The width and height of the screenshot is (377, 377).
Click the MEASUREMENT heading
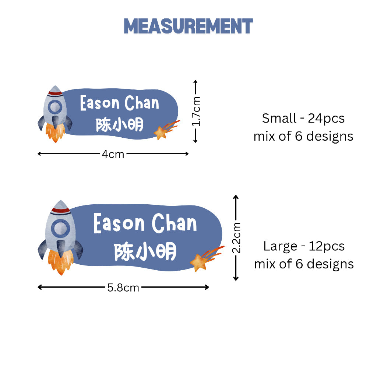point(188,26)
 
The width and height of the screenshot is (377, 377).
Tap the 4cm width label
point(113,154)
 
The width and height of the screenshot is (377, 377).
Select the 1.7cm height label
point(196,112)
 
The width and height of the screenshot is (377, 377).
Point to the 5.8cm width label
point(123,288)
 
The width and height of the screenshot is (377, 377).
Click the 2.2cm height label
point(236,238)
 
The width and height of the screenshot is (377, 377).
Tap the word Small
point(279,118)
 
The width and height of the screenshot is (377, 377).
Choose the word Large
point(280,246)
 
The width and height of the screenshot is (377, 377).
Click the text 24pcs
point(326,119)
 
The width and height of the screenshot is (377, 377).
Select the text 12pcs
point(327,246)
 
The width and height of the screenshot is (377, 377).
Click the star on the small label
point(160,133)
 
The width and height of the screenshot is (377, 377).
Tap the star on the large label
point(198,263)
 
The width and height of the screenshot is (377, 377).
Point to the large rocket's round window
point(60,228)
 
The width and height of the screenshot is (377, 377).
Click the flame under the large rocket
point(61,262)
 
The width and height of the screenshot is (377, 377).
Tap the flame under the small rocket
point(55,133)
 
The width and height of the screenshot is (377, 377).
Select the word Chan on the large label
point(174,223)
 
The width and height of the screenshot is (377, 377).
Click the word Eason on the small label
point(99,103)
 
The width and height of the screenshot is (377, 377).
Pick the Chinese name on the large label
point(145,252)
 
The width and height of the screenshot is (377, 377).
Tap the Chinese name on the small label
point(120,124)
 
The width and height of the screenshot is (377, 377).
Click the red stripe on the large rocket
point(60,211)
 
